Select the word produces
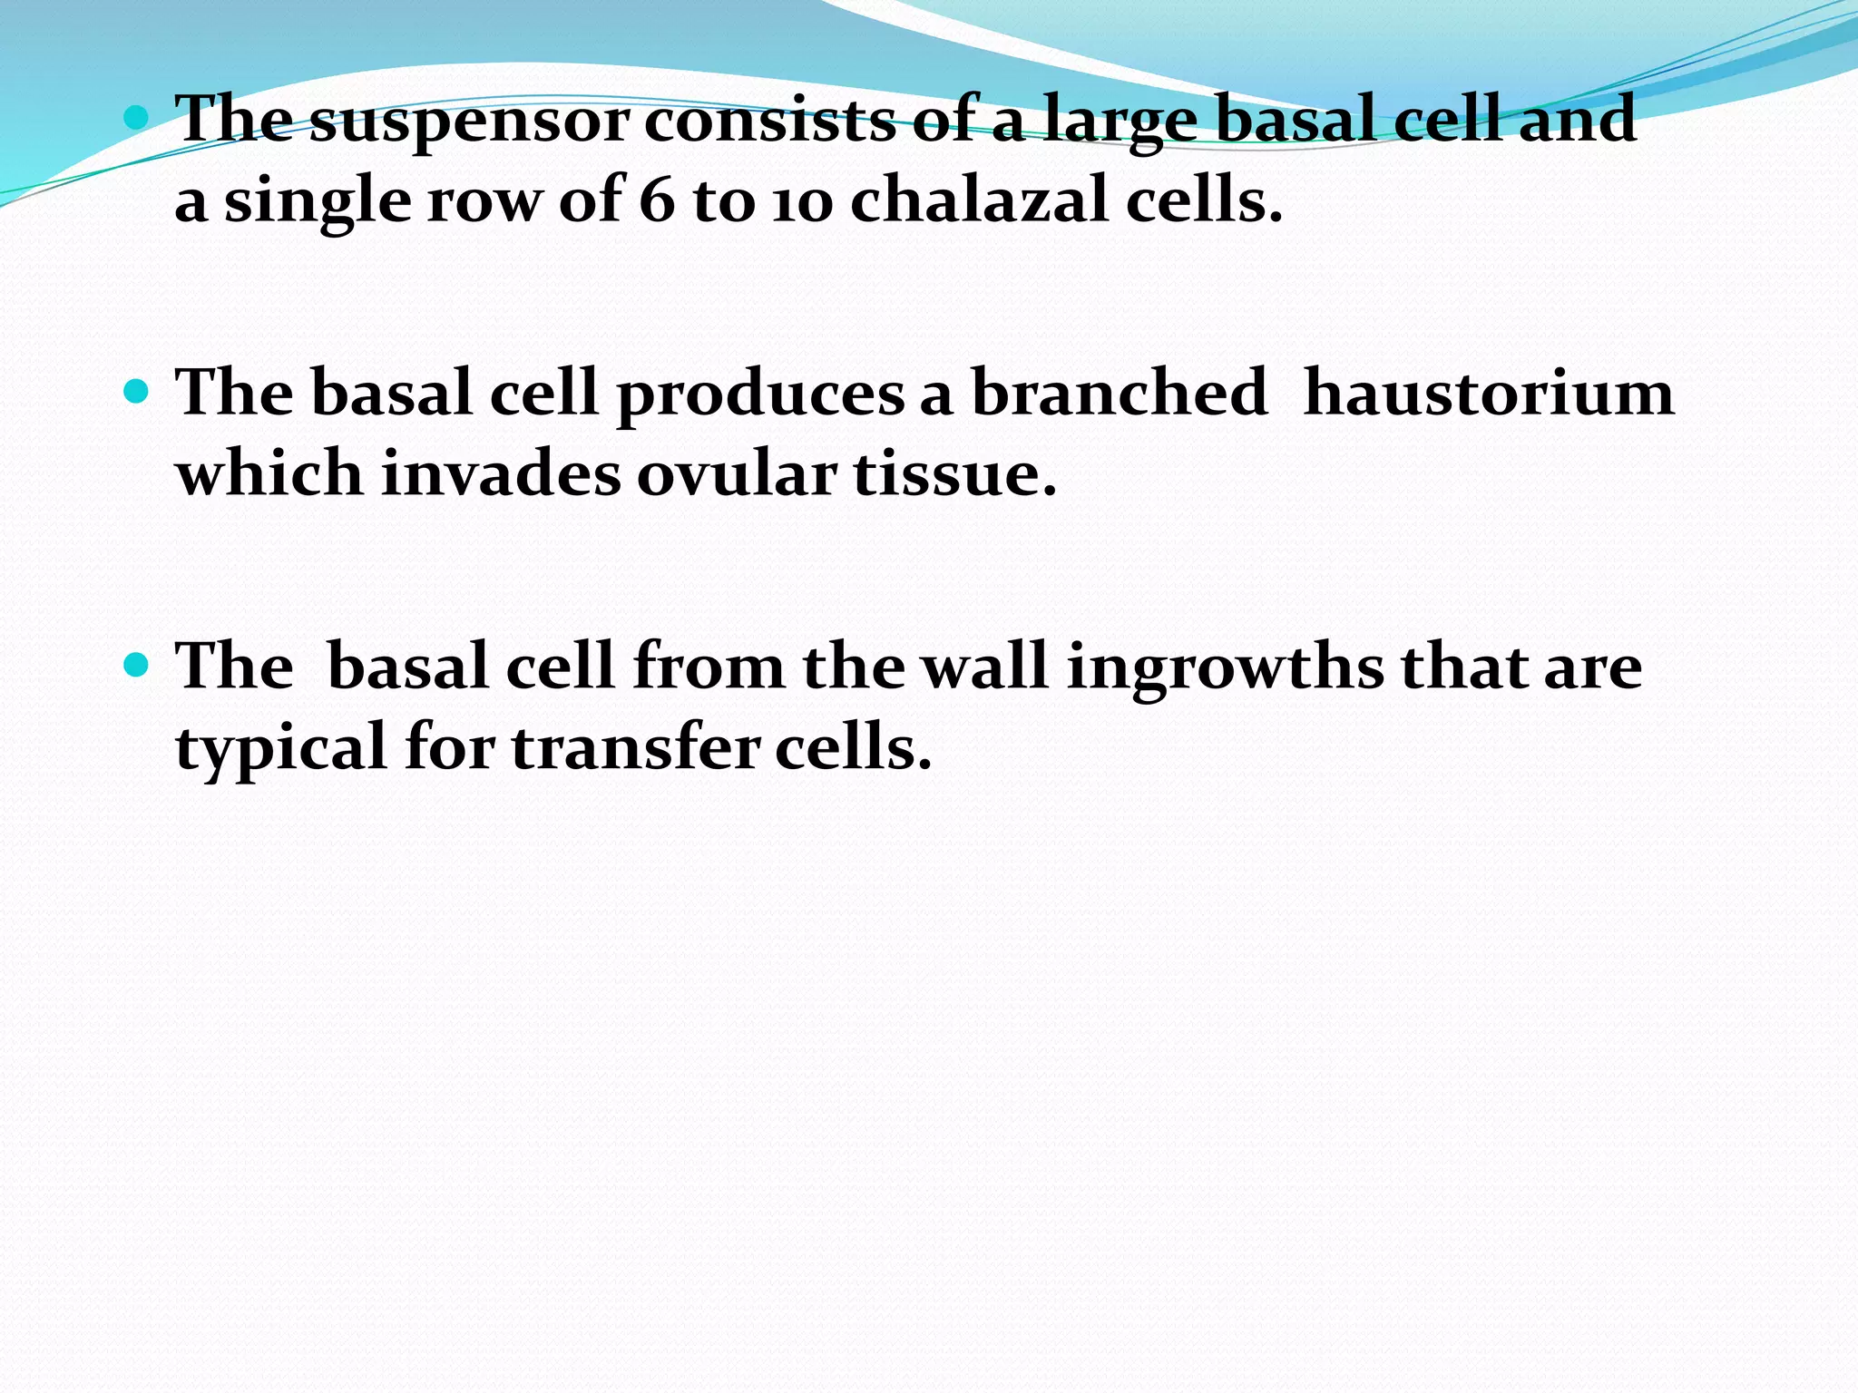pyautogui.click(x=760, y=395)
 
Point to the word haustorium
pyautogui.click(x=1488, y=394)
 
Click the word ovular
pyautogui.click(x=736, y=473)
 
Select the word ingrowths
pyautogui.click(x=1225, y=669)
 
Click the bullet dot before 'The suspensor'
pyautogui.click(x=136, y=117)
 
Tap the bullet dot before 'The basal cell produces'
pyautogui.click(x=136, y=391)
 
